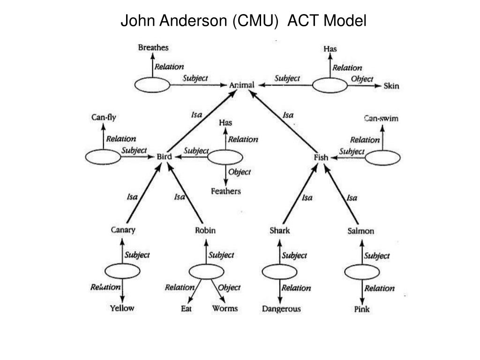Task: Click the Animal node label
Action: coord(241,85)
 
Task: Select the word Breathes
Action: coord(153,47)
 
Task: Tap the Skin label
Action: coord(391,86)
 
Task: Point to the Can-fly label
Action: coord(104,118)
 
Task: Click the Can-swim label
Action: coord(381,118)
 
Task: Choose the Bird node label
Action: coord(164,157)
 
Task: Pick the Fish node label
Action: coord(321,157)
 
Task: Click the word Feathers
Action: coord(226,191)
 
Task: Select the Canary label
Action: coord(123,230)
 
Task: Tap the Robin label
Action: coord(205,230)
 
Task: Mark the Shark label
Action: coord(280,230)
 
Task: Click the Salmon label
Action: coord(361,231)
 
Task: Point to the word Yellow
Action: coord(122,308)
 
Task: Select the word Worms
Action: coord(225,308)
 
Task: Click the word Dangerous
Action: coord(281,309)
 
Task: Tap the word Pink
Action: coord(362,309)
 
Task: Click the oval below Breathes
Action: coord(152,85)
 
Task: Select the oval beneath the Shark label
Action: coord(279,271)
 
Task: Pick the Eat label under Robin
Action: coord(186,308)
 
